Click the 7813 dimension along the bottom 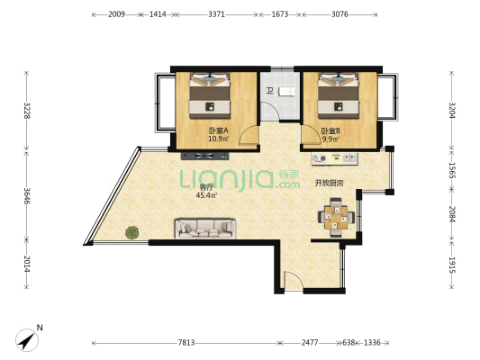tap(186, 343)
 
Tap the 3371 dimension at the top tap(216, 14)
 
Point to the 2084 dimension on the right tap(452, 214)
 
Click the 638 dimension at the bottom tap(349, 343)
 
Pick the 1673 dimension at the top tap(280, 14)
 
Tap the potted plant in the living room tap(132, 232)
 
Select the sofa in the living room tap(205, 229)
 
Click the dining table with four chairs tap(336, 218)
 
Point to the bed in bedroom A tap(210, 95)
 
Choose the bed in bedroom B tap(339, 95)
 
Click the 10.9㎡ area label tap(219, 139)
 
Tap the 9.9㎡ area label tap(331, 139)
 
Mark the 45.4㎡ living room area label tap(206, 195)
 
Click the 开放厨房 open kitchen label tap(329, 183)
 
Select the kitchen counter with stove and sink tap(334, 158)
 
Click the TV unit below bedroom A tap(204, 156)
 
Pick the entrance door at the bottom tap(294, 280)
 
